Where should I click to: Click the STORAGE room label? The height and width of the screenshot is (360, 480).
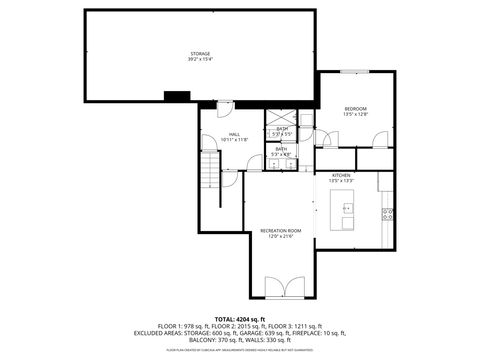pos(200,53)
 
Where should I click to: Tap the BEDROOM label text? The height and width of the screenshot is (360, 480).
pos(355,108)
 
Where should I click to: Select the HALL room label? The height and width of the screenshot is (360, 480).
pos(234,134)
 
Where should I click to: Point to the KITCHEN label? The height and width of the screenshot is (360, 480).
pos(341,174)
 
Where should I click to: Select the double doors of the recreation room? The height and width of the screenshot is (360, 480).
pos(282,289)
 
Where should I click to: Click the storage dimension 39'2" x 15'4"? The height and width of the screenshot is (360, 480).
pos(200,59)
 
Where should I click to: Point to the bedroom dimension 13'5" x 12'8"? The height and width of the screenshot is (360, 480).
pos(355,114)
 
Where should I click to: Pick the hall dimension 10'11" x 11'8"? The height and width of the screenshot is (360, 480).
pos(234,140)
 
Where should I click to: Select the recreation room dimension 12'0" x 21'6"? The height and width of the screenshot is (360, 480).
pos(280,236)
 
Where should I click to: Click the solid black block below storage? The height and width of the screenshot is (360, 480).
pos(177,96)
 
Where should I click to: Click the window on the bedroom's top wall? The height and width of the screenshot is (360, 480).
pos(351,72)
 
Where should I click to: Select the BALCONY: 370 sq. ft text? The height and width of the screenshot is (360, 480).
pos(209,339)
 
